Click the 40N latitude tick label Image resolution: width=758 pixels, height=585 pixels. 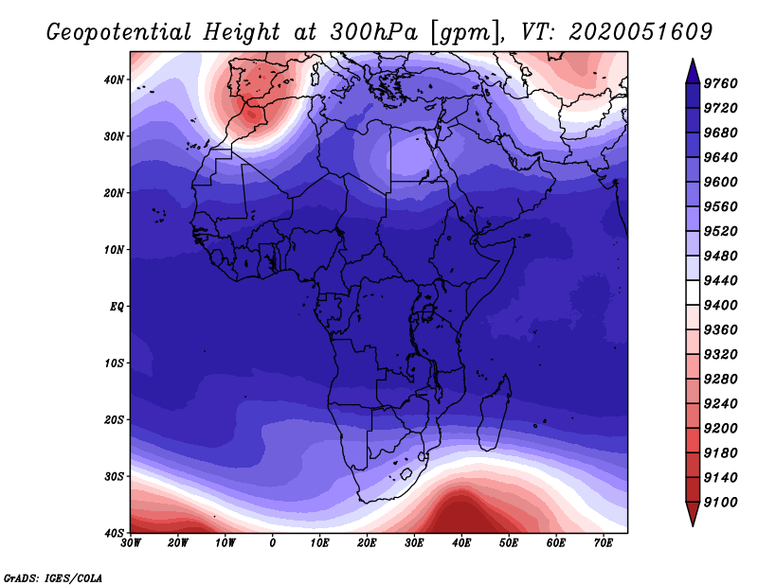tap(114, 80)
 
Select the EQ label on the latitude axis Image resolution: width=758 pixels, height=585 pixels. tap(117, 307)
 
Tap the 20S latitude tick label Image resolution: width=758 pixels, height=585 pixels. tap(114, 419)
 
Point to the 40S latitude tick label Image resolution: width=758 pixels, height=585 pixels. tap(114, 533)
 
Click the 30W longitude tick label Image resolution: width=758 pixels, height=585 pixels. tap(131, 543)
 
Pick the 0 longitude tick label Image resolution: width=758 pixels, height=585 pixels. tap(273, 543)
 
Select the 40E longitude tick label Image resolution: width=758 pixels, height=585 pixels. tap(461, 543)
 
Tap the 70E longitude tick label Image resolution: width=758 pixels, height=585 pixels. tap(604, 543)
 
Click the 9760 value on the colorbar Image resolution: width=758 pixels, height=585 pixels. tap(720, 83)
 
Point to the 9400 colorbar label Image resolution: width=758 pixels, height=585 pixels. tap(720, 306)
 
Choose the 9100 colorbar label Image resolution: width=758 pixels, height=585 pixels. tap(720, 503)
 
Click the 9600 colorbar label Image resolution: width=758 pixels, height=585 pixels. tap(720, 182)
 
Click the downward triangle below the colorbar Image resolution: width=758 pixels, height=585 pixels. tap(693, 513)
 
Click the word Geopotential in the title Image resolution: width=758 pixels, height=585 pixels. tap(119, 33)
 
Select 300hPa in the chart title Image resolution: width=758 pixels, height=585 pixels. tap(373, 32)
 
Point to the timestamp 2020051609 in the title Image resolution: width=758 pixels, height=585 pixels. tap(641, 32)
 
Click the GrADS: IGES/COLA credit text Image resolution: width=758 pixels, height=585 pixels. tap(53, 578)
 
